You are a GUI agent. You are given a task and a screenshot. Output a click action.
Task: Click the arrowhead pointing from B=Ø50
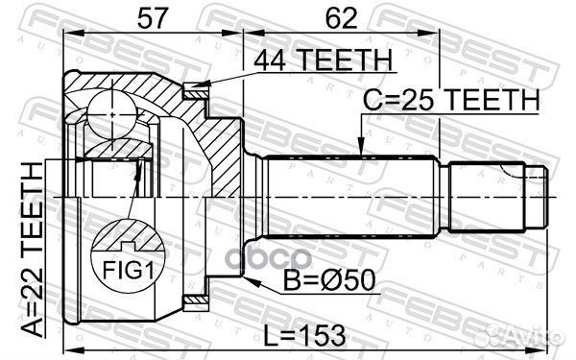248,279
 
